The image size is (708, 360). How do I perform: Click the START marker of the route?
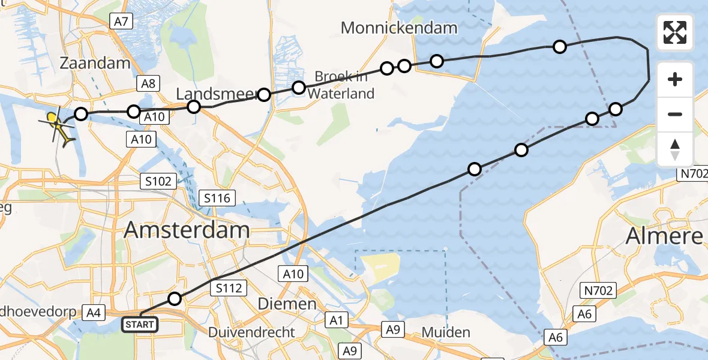140,325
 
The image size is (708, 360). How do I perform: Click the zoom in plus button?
675,79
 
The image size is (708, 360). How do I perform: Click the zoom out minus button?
675,114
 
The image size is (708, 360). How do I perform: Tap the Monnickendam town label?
399,28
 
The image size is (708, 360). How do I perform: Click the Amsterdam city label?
187,230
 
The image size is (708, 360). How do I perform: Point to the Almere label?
664,236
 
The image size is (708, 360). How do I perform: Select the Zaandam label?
95,64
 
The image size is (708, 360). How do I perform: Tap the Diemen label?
287,304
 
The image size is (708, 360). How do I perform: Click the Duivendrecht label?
251,332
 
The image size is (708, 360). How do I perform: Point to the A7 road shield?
121,22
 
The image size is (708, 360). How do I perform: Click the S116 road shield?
218,197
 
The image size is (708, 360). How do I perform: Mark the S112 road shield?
229,289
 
